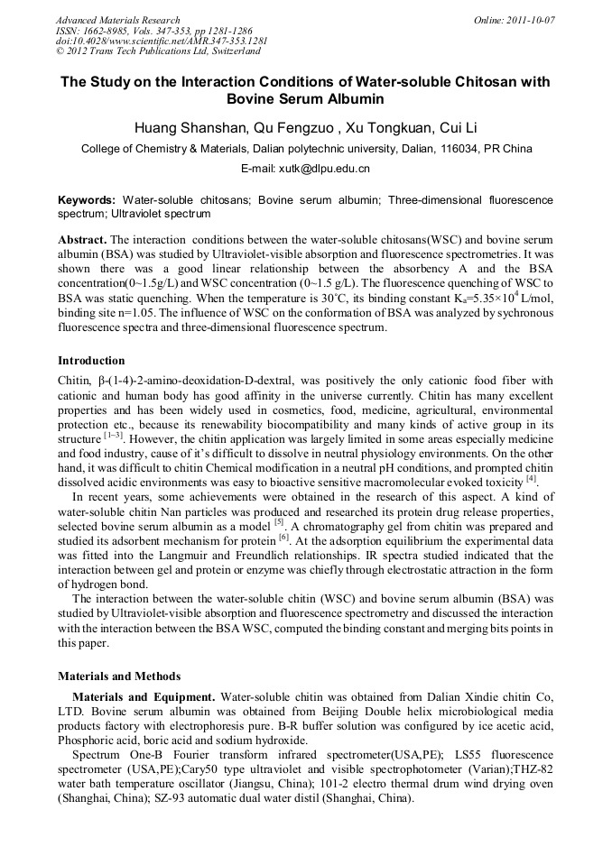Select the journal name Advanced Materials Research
pos(117,19)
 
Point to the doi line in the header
pos(162,41)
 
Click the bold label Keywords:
pos(87,199)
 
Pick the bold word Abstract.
pos(83,241)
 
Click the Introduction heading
pos(91,361)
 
